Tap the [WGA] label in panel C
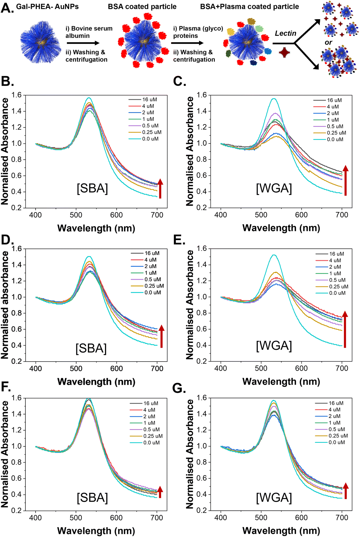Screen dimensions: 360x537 tap(274, 188)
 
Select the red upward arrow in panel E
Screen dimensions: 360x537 tap(345, 329)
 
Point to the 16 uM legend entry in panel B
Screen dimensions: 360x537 tap(143, 100)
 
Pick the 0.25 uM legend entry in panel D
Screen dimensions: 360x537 tap(147, 286)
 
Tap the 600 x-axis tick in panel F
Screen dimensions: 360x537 tap(116, 518)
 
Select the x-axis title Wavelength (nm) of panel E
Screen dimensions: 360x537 tap(281, 382)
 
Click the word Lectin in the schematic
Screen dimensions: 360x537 tap(286, 33)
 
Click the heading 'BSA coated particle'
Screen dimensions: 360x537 tap(142, 7)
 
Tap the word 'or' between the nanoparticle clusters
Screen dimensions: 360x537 tap(328, 42)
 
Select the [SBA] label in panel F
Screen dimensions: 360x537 tap(92, 498)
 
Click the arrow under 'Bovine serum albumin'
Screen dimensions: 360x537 tap(83, 43)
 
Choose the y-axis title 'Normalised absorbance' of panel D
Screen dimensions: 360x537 tap(5, 305)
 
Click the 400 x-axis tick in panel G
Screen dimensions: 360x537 tap(221, 518)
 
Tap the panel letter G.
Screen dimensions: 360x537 tap(179, 388)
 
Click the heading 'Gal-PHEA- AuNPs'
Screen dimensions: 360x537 tap(47, 7)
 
